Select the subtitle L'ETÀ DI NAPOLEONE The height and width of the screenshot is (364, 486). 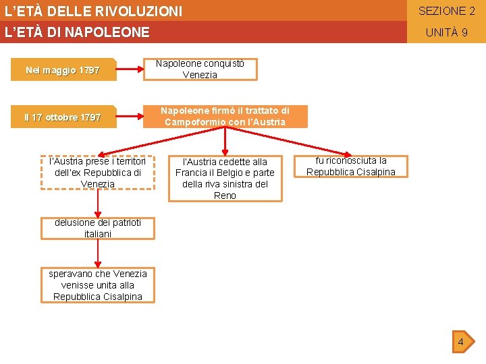click(77, 32)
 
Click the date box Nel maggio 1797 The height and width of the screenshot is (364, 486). click(63, 70)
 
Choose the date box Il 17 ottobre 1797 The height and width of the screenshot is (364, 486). click(63, 117)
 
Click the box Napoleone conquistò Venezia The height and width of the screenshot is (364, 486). click(200, 69)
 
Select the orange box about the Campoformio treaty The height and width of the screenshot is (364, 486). click(225, 117)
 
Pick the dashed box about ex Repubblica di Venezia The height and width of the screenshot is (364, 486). click(98, 173)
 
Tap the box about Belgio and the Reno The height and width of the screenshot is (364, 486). click(225, 179)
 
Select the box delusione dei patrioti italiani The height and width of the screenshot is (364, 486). click(98, 229)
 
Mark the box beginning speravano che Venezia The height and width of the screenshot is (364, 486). click(98, 285)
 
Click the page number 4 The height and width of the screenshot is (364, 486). click(460, 342)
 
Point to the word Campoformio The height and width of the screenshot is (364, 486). click(190, 122)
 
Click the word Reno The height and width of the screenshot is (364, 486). click(225, 195)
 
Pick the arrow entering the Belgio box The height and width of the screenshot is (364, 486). click(225, 150)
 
